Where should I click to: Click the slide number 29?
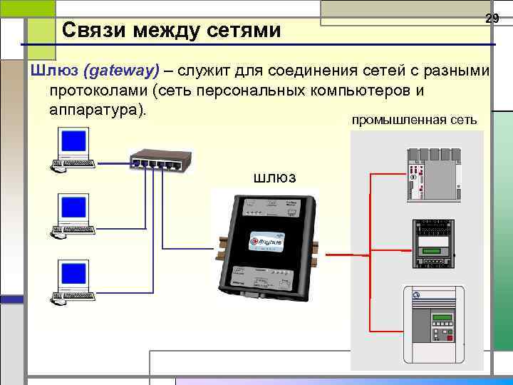point(492,19)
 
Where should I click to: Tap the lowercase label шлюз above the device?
point(274,177)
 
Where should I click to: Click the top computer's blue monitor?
point(74,141)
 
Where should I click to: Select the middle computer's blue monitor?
point(74,207)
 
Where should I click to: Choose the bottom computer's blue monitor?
point(74,273)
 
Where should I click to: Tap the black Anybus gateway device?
point(268,246)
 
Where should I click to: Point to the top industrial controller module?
point(430,174)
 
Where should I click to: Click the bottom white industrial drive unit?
point(433,325)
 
